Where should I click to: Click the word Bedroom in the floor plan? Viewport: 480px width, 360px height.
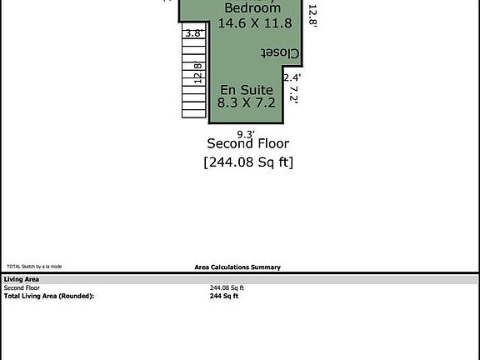point(247,8)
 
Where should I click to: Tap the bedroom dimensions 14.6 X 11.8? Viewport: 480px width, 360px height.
point(247,24)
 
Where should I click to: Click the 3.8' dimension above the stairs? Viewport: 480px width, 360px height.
point(193,33)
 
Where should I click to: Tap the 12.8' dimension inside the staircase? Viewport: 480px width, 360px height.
point(197,73)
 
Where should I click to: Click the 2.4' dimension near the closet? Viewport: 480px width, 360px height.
point(292,77)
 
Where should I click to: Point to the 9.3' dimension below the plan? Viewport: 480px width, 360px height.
point(246,133)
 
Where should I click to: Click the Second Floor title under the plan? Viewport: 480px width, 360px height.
point(247,144)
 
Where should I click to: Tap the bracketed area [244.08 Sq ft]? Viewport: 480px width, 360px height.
point(248,162)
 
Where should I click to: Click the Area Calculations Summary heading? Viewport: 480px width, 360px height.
point(237,267)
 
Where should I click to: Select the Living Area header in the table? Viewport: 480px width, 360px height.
point(21,280)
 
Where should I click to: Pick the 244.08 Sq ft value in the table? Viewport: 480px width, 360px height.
point(227,288)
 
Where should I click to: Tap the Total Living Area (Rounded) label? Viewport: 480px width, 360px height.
point(49,296)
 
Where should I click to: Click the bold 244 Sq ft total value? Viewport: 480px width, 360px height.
point(224,296)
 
